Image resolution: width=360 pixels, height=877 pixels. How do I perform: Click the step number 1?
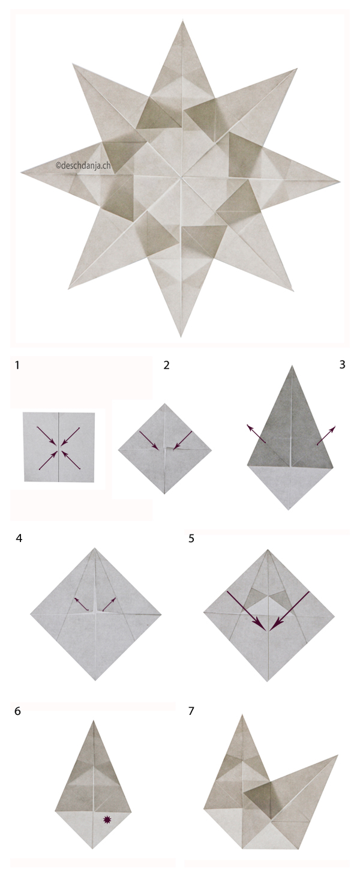pos(17,365)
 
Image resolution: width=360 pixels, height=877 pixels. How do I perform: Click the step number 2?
pos(167,365)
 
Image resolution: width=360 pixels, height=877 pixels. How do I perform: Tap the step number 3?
pos(342,365)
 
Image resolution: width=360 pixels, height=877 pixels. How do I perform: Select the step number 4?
pos(19,538)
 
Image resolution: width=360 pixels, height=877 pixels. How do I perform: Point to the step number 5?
pos(191,538)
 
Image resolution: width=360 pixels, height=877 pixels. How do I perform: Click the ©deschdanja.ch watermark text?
pos(83,164)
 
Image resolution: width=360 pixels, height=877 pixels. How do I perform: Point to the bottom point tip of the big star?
pos(182,336)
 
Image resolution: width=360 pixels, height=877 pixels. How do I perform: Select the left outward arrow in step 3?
pos(256,434)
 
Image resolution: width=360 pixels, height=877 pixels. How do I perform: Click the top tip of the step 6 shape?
pos(93,721)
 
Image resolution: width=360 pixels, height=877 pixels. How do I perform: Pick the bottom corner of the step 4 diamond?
pos(96,680)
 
